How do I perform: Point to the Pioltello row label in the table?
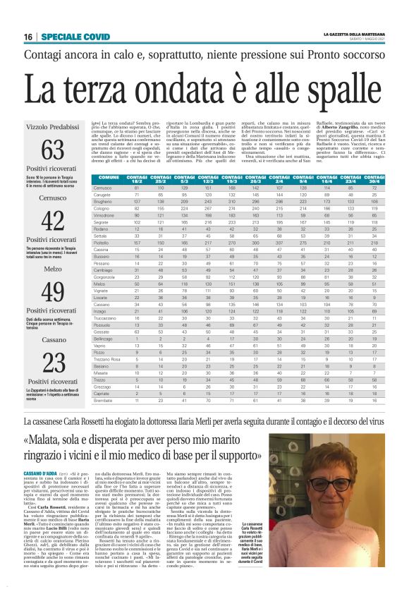pyautogui.click(x=104, y=222)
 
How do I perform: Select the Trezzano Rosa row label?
pyautogui.click(x=107, y=360)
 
